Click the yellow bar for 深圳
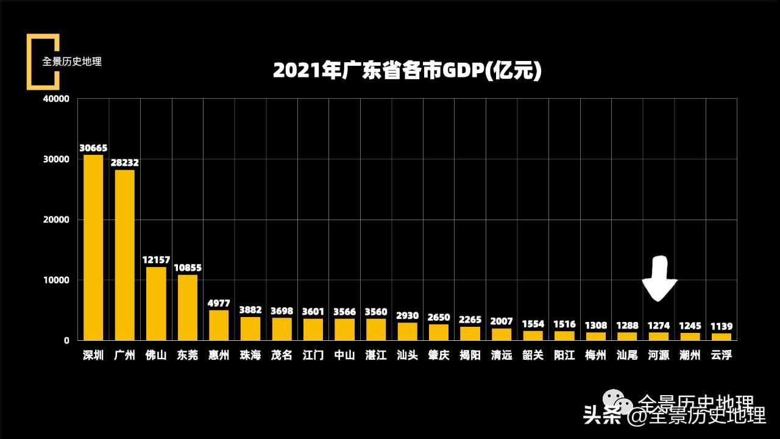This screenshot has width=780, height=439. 93,247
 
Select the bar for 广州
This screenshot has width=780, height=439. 125,255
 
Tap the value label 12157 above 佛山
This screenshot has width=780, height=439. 156,260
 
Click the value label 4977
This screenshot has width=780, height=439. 219,303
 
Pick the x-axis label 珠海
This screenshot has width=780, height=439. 250,355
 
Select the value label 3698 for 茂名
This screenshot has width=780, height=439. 282,311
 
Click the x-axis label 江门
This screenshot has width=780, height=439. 313,355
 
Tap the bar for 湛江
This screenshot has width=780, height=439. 376,329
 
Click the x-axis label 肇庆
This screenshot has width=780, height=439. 439,355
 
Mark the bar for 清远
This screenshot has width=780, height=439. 502,334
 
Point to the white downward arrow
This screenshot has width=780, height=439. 659,279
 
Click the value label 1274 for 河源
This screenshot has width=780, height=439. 659,326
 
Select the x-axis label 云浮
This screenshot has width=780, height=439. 721,355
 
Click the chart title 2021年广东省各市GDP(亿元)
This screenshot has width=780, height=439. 407,71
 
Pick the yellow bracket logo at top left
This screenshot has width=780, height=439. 42,62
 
